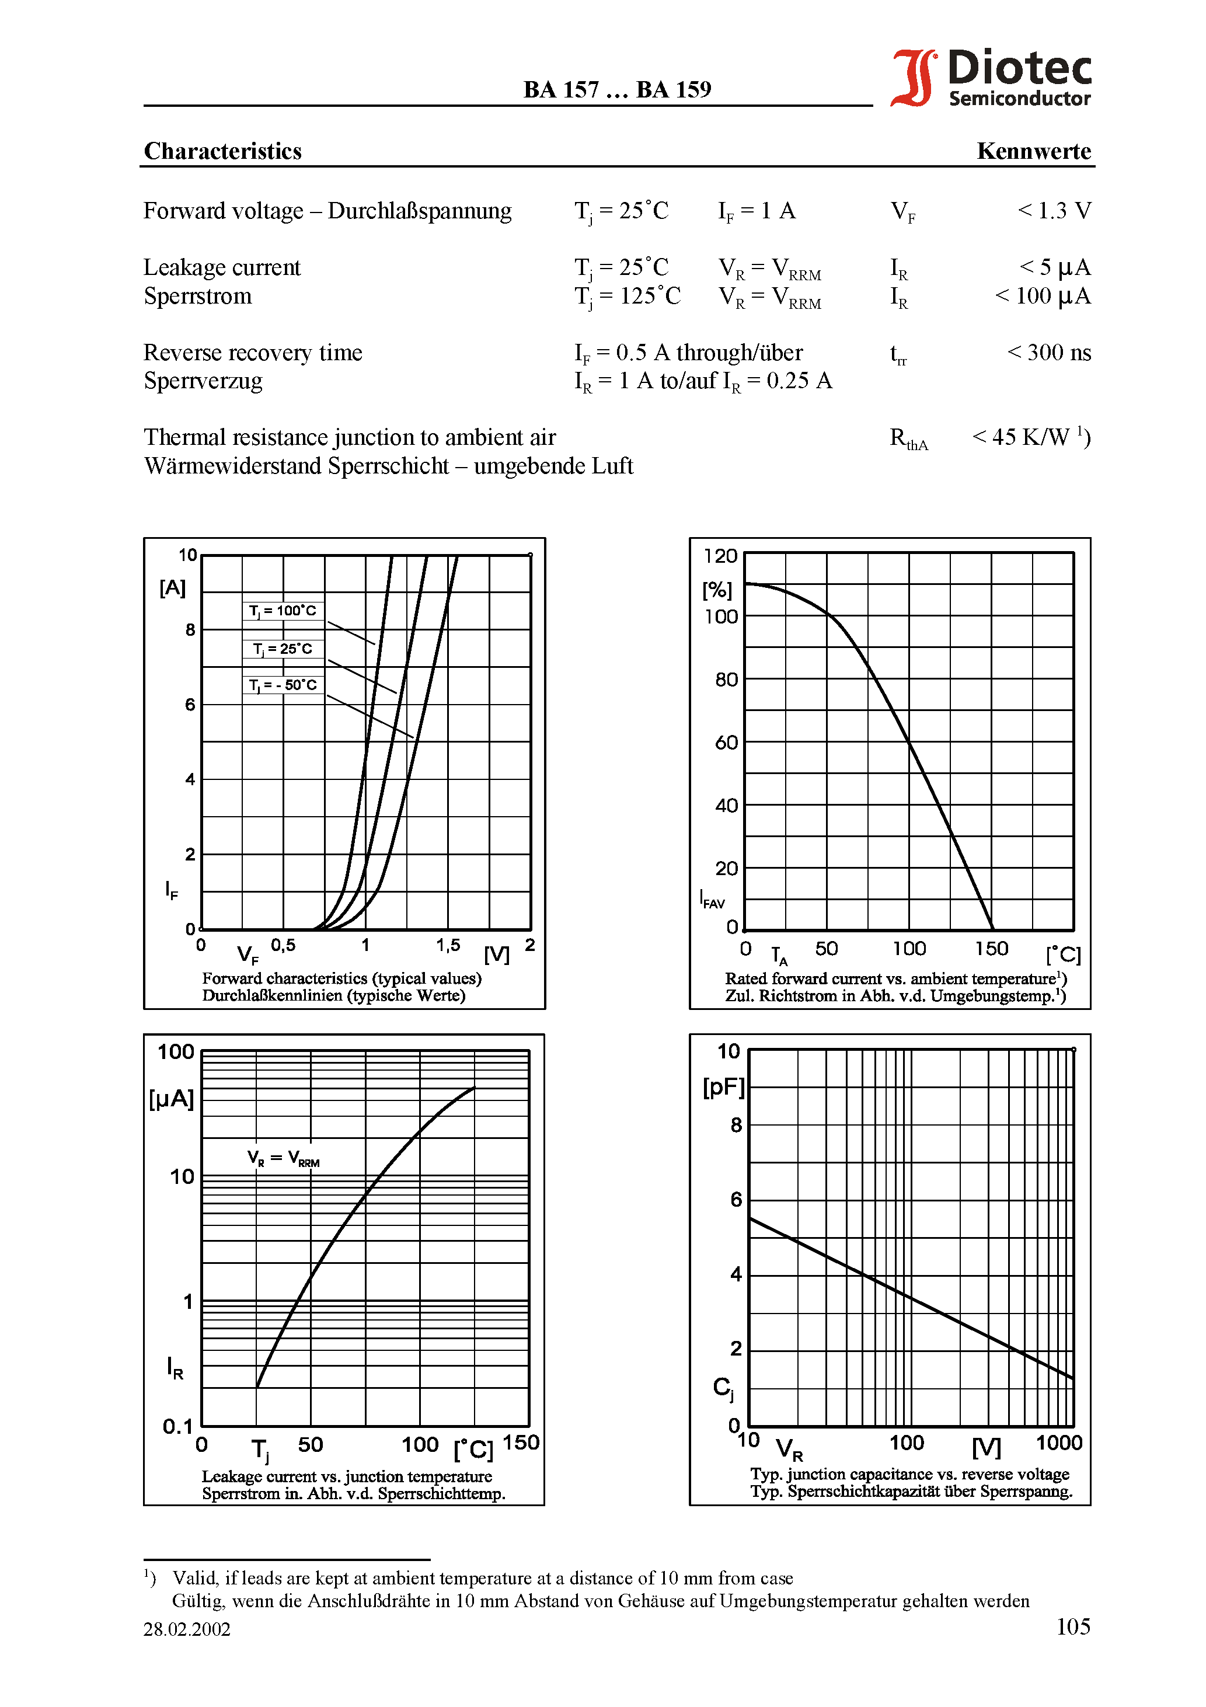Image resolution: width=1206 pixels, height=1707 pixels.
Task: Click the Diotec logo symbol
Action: [914, 78]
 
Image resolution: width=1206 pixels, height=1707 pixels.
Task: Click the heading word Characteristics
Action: [222, 151]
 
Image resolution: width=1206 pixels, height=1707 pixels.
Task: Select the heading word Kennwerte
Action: [1033, 151]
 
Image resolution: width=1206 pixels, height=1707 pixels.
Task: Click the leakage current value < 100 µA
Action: [1043, 296]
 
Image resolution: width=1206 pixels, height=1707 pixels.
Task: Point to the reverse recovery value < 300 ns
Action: [1048, 353]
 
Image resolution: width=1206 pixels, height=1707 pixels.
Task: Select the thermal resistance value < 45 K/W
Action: [1030, 437]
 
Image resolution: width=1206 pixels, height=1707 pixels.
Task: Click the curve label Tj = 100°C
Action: [283, 611]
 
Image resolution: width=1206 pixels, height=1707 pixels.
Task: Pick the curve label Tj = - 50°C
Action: [283, 685]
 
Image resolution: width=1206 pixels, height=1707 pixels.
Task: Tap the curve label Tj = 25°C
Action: [283, 649]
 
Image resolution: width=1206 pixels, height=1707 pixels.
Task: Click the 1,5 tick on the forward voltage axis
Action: [448, 945]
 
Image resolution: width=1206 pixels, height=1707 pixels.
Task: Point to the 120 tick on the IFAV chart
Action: [720, 556]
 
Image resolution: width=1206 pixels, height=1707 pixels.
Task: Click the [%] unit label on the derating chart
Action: [717, 590]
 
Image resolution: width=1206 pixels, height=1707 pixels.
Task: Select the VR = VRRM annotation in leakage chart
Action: [283, 1158]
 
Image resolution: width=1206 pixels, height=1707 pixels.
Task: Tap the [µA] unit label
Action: [172, 1099]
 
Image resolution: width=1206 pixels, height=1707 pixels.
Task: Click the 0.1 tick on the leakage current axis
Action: [177, 1426]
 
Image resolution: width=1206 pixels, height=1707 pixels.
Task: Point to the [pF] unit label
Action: [723, 1087]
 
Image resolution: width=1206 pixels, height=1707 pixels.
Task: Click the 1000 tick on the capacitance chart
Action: [1058, 1443]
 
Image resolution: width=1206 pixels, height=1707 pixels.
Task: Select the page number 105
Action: [1073, 1626]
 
